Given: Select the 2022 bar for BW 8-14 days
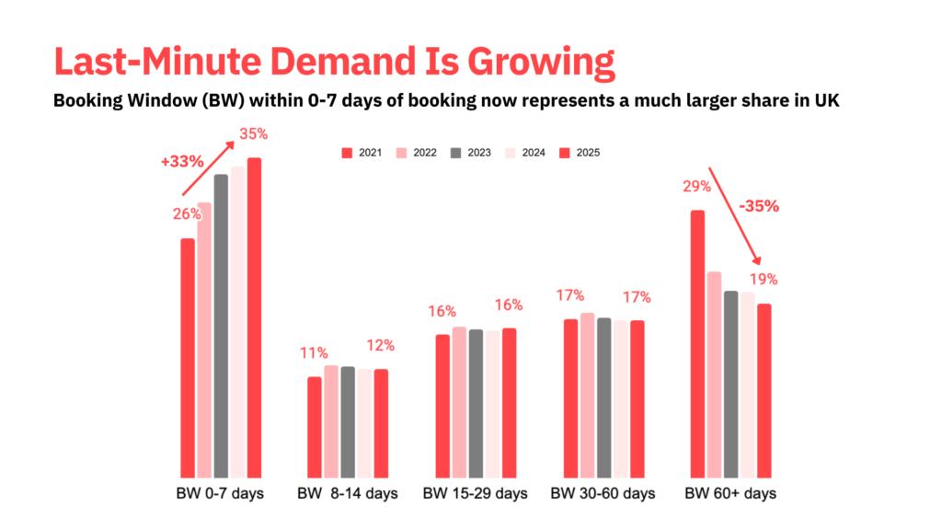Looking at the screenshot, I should pyautogui.click(x=331, y=420).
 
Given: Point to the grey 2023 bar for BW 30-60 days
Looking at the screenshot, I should pyautogui.click(x=603, y=397).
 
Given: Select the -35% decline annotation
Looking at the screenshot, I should pyautogui.click(x=759, y=206).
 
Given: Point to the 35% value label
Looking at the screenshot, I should pyautogui.click(x=254, y=134).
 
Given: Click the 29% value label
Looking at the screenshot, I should pyautogui.click(x=696, y=187).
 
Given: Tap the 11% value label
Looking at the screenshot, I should pyautogui.click(x=313, y=353).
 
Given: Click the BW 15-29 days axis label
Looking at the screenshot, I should pyautogui.click(x=476, y=494).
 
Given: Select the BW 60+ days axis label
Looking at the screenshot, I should pyautogui.click(x=730, y=494).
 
